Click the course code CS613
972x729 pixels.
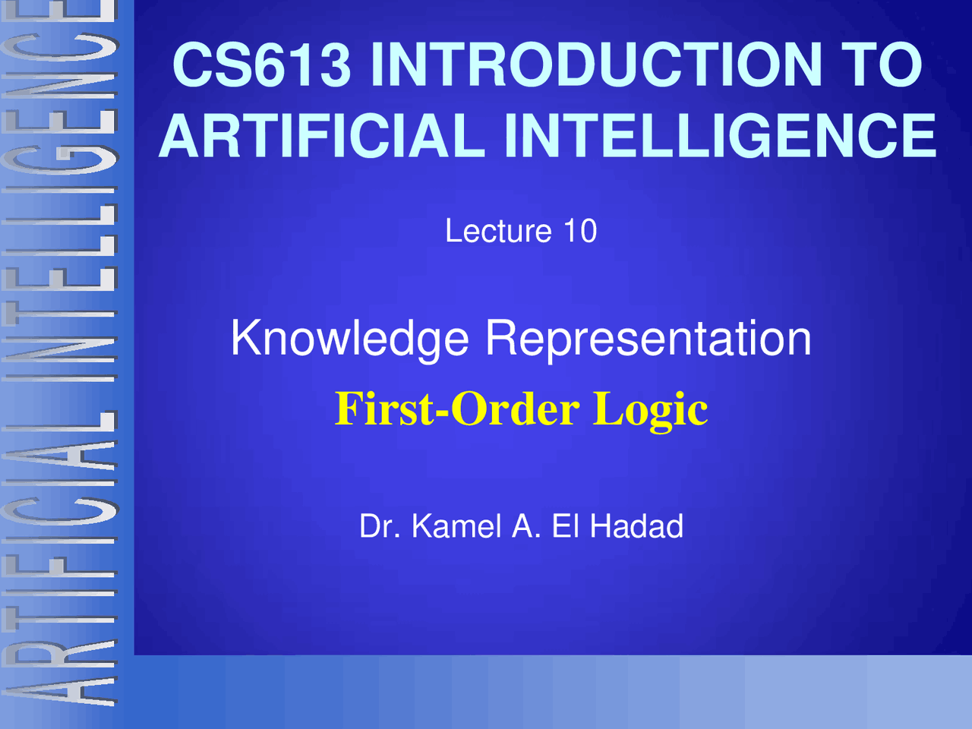tap(262, 65)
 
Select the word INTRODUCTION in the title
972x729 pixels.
tap(596, 65)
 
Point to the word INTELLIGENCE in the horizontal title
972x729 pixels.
tap(719, 137)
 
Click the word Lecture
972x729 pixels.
tap(497, 231)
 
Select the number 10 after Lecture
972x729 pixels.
tap(580, 231)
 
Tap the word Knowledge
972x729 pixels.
tap(350, 339)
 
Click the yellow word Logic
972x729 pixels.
tap(650, 411)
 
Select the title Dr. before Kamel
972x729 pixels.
tap(379, 526)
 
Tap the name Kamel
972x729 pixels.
tap(456, 526)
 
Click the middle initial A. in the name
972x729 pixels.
tap(525, 526)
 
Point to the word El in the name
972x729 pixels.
tap(565, 526)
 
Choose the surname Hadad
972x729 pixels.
tap(636, 526)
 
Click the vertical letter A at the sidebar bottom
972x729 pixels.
tap(59, 683)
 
